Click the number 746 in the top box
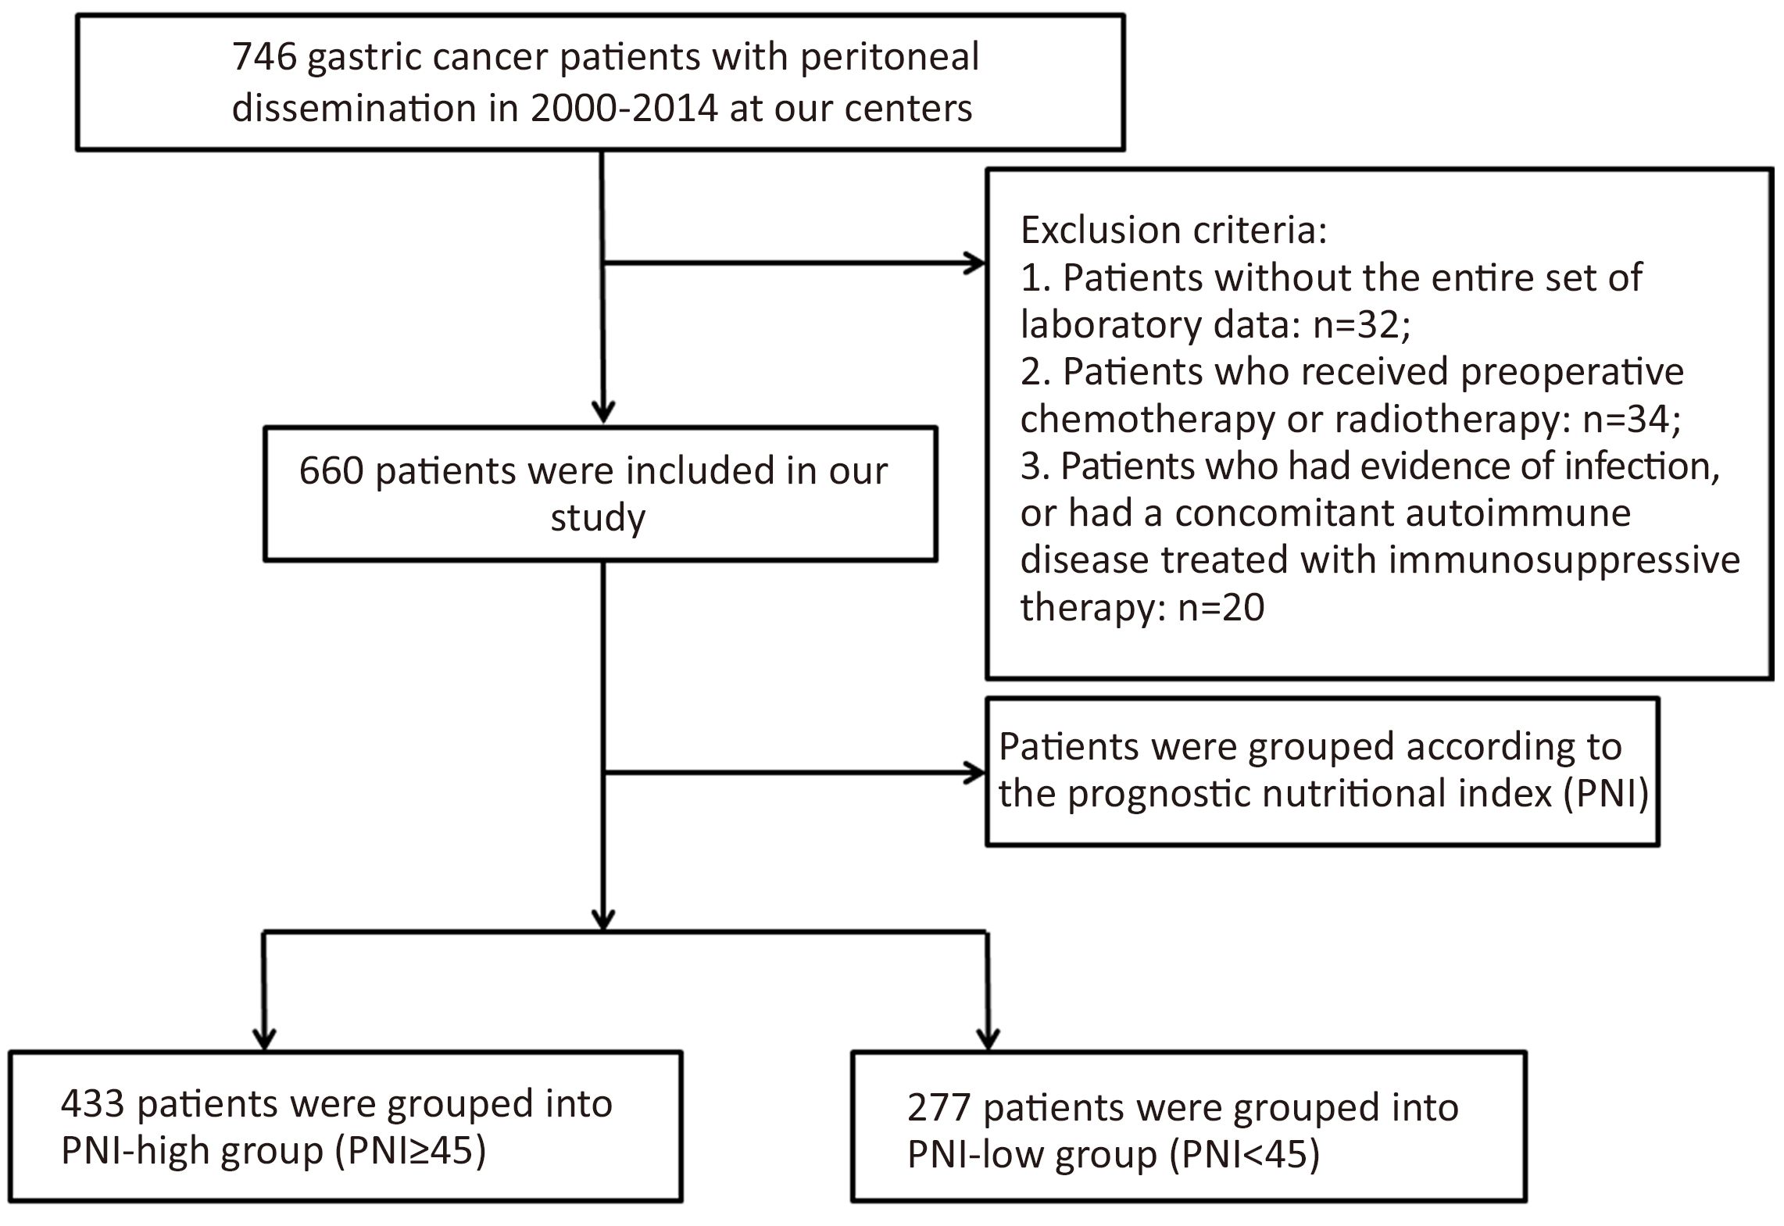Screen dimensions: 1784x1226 click(264, 57)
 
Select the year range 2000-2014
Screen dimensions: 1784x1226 click(624, 109)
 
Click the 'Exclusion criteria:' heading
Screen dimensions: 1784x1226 click(1174, 230)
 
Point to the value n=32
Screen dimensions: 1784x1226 click(1362, 324)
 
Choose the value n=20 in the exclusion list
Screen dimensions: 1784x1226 click(1221, 607)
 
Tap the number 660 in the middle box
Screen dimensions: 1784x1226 click(331, 471)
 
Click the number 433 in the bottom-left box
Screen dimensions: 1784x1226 click(93, 1104)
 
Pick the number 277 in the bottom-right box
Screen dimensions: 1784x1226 click(939, 1108)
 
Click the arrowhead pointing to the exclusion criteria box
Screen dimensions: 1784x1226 click(975, 264)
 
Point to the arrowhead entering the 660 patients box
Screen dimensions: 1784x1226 click(603, 413)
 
